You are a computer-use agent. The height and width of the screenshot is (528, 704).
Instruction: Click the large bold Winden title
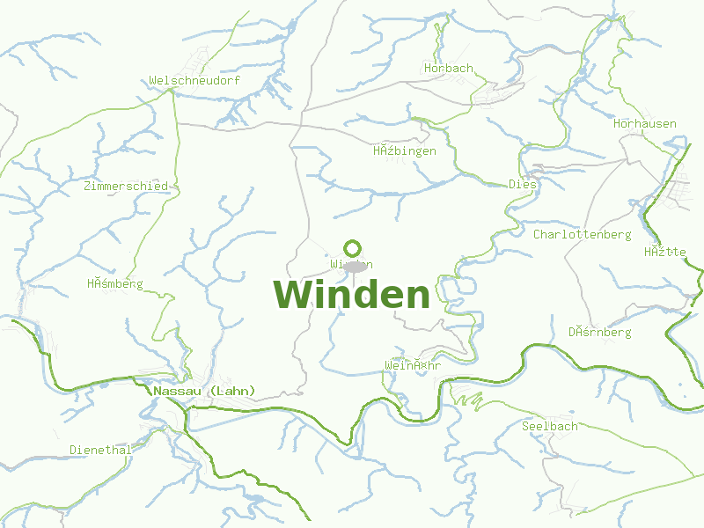click(x=352, y=295)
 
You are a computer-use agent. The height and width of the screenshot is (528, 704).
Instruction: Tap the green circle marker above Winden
click(x=353, y=248)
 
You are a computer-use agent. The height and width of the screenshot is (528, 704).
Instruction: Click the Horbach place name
click(x=448, y=68)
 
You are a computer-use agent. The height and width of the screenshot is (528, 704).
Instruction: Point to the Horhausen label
click(x=645, y=123)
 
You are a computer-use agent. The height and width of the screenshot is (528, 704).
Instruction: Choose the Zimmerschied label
click(x=126, y=186)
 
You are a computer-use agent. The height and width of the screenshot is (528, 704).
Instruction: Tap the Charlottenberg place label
click(x=582, y=234)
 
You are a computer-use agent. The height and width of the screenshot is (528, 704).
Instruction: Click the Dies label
click(x=523, y=184)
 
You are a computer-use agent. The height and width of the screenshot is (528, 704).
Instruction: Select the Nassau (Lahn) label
click(x=204, y=391)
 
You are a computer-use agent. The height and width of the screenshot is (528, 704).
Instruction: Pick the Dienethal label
click(x=100, y=450)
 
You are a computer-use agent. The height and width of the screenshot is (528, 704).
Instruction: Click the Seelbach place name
click(x=550, y=426)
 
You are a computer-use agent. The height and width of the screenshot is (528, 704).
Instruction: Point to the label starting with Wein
click(x=413, y=364)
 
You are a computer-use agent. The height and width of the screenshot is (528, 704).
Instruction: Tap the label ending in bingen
click(x=405, y=150)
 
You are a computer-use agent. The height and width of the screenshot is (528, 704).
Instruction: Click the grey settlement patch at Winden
click(x=356, y=267)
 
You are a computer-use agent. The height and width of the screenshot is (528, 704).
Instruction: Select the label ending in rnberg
click(x=599, y=332)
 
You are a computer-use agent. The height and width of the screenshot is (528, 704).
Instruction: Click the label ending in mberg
click(x=114, y=283)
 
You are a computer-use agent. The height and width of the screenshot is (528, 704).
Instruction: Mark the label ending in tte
click(x=664, y=252)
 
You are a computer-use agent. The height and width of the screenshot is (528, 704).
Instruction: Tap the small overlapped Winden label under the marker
click(x=351, y=264)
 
